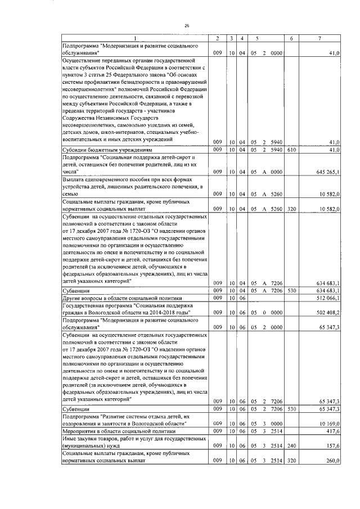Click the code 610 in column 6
coord(291,150)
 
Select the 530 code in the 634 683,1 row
coord(291,290)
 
